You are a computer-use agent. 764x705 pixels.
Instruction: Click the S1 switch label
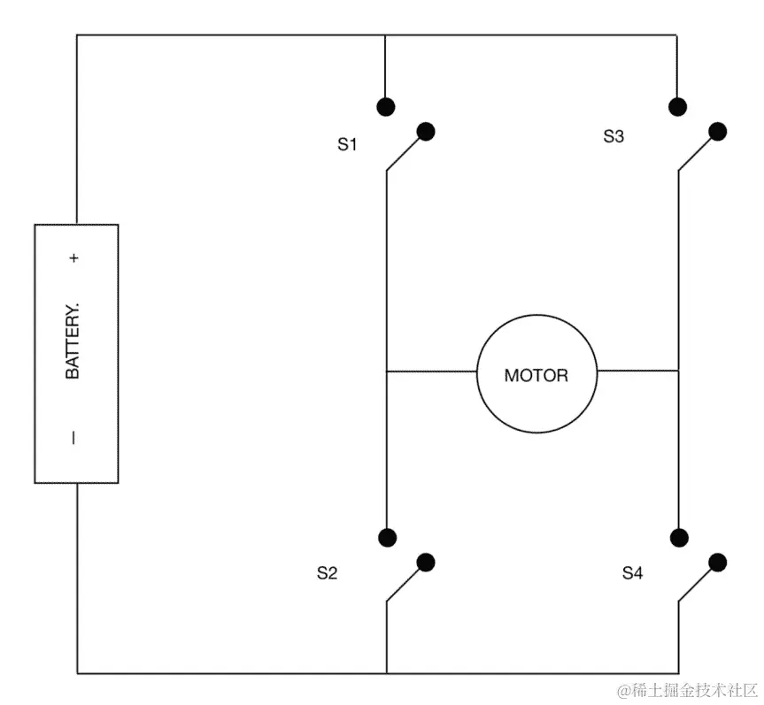coord(347,144)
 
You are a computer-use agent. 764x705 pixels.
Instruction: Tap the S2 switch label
coord(328,573)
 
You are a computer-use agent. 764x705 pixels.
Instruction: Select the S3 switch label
coord(614,136)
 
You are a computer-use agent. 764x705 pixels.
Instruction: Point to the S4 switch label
coord(632,573)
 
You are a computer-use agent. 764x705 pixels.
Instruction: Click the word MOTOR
coord(536,375)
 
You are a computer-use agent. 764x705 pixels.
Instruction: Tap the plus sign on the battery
coord(74,258)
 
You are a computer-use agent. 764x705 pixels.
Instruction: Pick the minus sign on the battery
coord(73,437)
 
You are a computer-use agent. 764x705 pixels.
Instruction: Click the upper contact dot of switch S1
coord(385,107)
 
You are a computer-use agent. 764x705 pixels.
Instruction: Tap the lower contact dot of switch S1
coord(426,132)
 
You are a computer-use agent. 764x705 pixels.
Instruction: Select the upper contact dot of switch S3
coord(678,107)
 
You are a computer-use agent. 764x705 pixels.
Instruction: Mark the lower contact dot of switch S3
coord(718,132)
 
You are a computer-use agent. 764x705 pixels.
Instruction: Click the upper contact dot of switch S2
coord(386,537)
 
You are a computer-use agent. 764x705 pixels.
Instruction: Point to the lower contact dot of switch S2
coord(426,562)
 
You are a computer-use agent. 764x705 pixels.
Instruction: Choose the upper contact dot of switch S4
coord(679,537)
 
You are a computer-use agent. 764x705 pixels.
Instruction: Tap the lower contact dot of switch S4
coord(718,562)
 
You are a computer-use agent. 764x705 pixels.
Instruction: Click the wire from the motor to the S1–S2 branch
coord(431,372)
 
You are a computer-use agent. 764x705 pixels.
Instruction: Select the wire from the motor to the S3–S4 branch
coord(637,372)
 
